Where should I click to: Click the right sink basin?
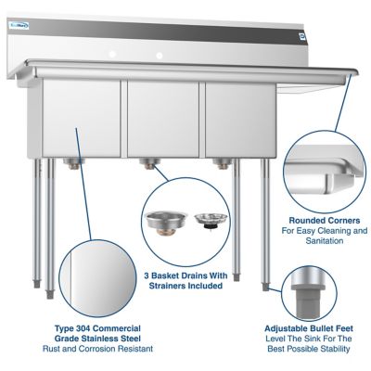(236, 119)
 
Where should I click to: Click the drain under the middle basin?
(147, 164)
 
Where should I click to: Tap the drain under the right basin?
(220, 164)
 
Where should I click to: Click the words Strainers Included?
(185, 286)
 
